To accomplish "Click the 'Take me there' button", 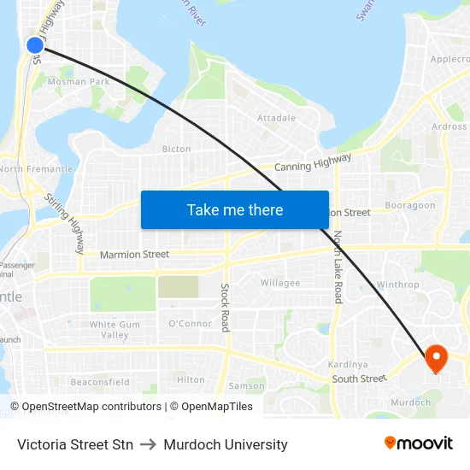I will coord(235,209).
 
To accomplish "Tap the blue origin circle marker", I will coord(35,45).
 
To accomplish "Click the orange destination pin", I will coord(435,358).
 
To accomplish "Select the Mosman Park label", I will coord(78,82).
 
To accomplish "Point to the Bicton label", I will coord(177,149).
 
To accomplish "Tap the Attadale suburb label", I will coord(276,118).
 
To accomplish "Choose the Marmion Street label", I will coord(134,255).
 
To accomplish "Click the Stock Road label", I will coord(226,308).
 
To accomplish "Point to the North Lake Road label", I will coord(338,267).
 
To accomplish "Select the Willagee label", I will coord(280,283).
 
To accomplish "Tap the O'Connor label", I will coord(190,324).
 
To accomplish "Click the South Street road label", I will coord(359,379).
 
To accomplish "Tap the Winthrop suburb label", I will coord(398,285).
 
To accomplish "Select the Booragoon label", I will coord(410,206).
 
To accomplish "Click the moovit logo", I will coord(418,443).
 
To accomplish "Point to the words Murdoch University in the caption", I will coord(226,444).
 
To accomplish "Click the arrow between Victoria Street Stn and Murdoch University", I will coord(149,444).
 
